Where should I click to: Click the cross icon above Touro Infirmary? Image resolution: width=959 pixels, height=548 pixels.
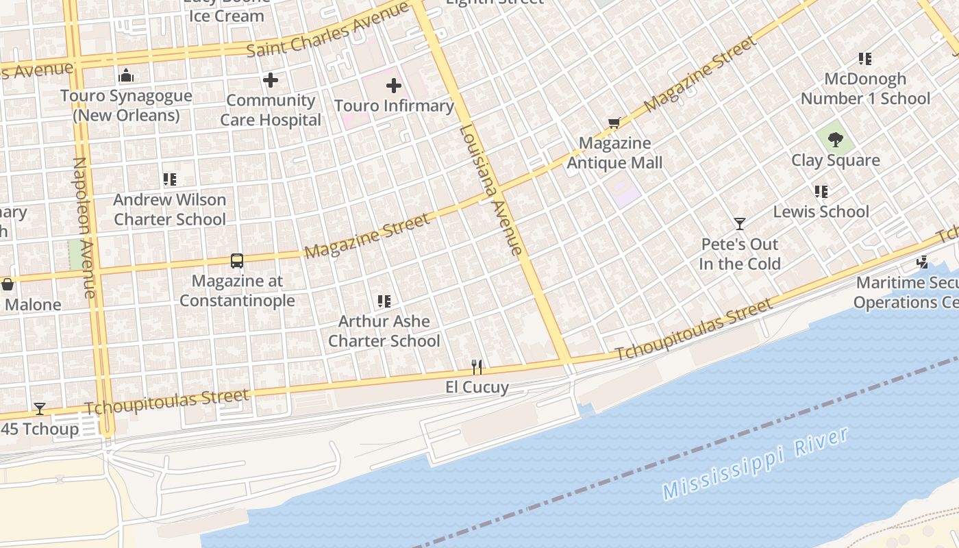pos(394,86)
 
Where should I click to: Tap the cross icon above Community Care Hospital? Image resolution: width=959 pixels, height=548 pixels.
pos(271,80)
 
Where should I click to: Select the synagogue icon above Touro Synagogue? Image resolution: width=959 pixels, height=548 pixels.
pos(126,75)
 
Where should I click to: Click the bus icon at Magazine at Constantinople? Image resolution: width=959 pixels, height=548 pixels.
pos(237,261)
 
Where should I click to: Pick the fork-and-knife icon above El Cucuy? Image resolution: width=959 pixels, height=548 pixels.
pos(477,367)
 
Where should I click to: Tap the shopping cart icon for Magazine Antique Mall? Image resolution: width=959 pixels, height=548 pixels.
pos(614,123)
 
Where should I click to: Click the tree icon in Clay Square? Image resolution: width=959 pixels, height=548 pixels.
pos(835,140)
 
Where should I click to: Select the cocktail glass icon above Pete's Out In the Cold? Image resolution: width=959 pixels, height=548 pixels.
pos(740,224)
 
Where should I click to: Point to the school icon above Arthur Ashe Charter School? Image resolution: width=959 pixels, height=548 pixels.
pos(384,301)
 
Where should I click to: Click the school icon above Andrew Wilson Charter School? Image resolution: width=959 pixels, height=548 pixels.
pos(170,179)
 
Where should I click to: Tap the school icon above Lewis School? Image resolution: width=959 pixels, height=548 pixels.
pos(821,192)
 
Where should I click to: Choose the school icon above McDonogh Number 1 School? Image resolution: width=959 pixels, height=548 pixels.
pos(866,59)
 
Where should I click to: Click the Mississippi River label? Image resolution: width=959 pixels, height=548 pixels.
pos(756,463)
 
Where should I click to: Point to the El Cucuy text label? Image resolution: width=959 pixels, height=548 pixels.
pos(477,387)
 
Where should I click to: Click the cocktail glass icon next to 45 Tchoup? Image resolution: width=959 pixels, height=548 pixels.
pos(40,409)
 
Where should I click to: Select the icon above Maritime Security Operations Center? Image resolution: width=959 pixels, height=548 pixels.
pos(923,262)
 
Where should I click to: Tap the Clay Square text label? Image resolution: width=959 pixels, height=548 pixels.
pos(836,160)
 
